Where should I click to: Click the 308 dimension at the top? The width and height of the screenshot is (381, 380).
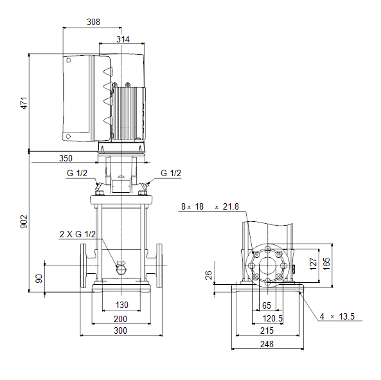93,22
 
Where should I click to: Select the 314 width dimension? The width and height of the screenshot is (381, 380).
123,39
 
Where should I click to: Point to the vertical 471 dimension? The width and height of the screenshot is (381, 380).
24,103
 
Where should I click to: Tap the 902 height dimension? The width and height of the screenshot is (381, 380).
24,221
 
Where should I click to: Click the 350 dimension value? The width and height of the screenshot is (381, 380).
66,158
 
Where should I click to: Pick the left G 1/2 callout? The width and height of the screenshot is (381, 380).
77,173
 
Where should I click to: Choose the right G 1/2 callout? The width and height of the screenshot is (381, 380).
171,173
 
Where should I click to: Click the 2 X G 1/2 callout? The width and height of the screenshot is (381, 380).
78,234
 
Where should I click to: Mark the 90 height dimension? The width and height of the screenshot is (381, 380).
39,278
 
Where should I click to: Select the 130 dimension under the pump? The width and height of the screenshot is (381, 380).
121,305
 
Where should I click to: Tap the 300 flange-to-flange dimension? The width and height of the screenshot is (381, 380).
121,330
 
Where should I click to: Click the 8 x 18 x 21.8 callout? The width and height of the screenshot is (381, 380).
210,206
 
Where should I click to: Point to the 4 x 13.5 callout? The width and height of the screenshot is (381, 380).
337,316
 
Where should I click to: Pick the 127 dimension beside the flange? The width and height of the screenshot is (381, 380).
313,264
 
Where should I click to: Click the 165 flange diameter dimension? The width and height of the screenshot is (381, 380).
326,264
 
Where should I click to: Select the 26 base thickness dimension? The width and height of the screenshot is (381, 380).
208,275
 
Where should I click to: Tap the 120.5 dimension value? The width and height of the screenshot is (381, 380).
272,318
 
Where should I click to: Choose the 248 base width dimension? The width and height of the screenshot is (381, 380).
267,344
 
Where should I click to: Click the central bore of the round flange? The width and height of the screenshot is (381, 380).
267,266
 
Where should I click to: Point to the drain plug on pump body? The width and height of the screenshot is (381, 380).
121,270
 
